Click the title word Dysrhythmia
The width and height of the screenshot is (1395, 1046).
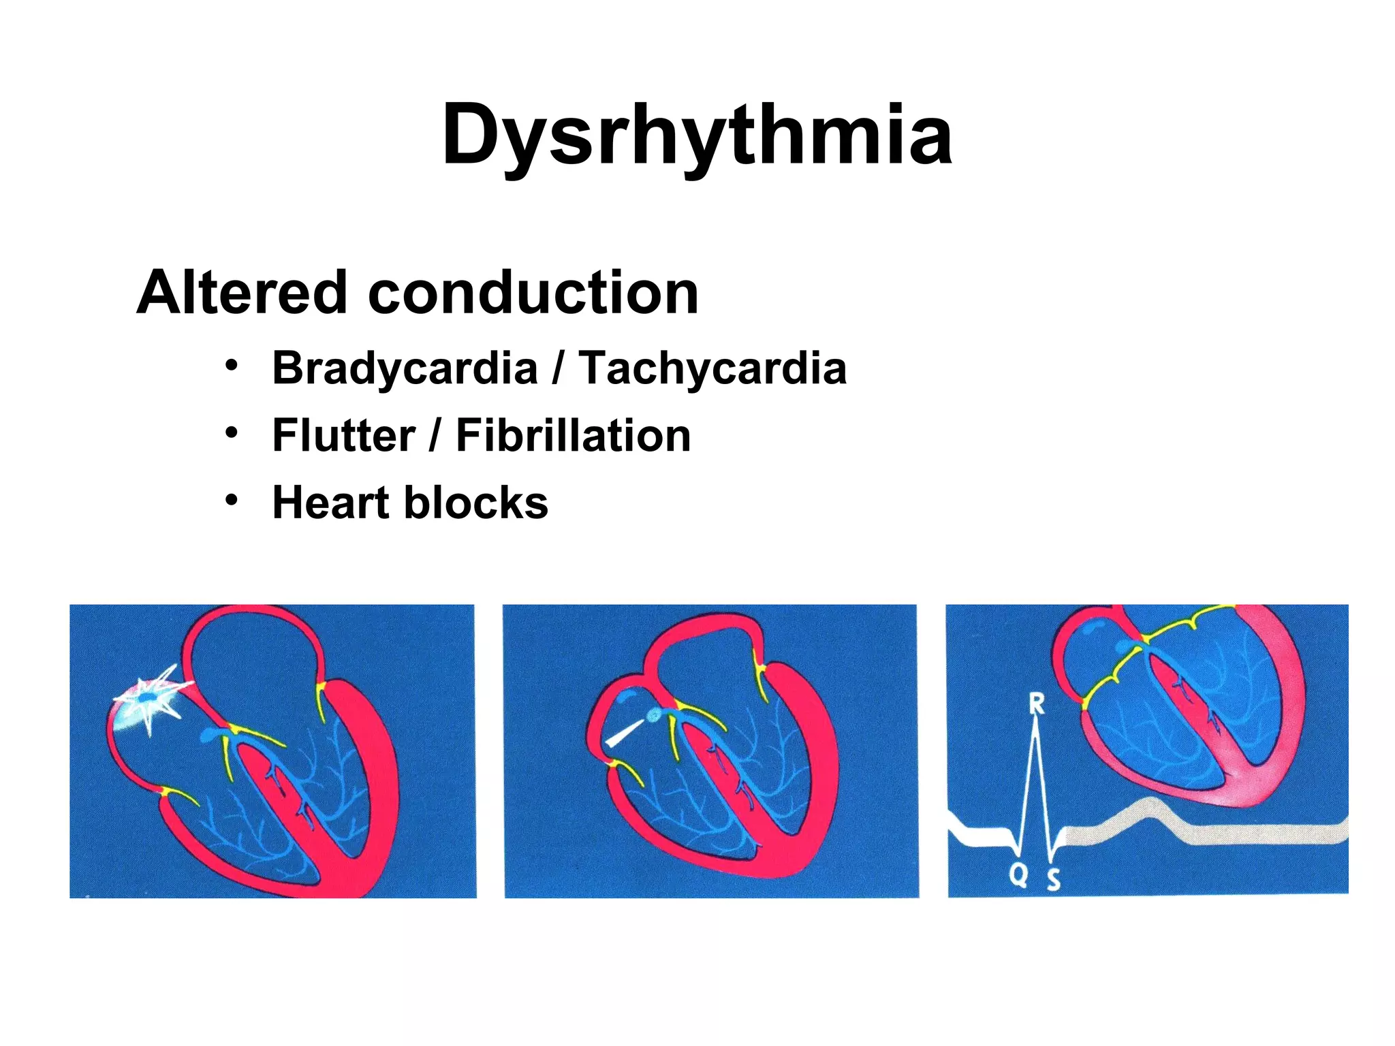(696, 135)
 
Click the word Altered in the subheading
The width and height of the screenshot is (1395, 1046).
(242, 293)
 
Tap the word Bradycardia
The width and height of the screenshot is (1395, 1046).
(405, 368)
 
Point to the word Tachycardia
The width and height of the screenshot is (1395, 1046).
(712, 368)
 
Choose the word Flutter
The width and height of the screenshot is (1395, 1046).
(343, 435)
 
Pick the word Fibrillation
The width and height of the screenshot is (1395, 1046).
(573, 435)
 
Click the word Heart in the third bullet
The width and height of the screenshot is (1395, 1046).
(330, 503)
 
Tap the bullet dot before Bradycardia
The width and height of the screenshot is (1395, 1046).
(232, 366)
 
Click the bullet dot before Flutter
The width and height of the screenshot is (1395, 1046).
(232, 433)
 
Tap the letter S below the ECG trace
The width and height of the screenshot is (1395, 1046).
(1053, 879)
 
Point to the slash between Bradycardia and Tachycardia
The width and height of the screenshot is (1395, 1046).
(559, 368)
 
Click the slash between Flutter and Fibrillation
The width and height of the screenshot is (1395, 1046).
(435, 435)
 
